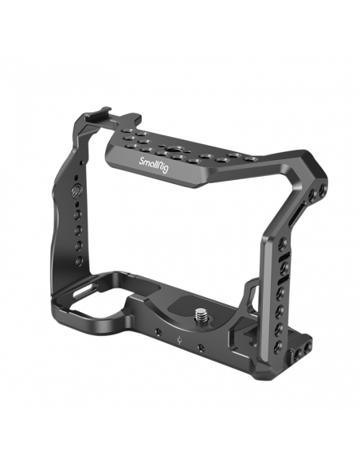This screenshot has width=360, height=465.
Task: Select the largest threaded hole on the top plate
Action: click(173, 149)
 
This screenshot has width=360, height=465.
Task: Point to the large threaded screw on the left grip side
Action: click(76, 190)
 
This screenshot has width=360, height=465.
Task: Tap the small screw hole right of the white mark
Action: click(202, 346)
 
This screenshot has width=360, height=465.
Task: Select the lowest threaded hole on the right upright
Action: click(279, 345)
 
